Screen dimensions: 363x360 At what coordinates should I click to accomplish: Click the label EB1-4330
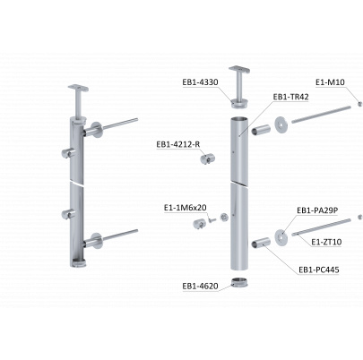[x=200, y=82]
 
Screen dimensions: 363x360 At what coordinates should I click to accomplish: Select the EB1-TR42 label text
[x=290, y=97]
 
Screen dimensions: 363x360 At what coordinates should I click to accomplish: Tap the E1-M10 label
[x=330, y=82]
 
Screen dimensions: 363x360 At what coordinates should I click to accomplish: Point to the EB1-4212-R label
[x=178, y=144]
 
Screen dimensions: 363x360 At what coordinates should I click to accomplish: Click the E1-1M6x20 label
[x=186, y=208]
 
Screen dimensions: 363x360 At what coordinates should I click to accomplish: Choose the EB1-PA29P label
[x=317, y=210]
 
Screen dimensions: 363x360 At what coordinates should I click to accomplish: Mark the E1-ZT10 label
[x=326, y=242]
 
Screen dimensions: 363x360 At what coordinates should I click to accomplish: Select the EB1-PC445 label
[x=319, y=270]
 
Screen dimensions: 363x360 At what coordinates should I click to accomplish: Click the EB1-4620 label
[x=200, y=286]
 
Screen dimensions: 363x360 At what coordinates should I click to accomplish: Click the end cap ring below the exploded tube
[x=240, y=282]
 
